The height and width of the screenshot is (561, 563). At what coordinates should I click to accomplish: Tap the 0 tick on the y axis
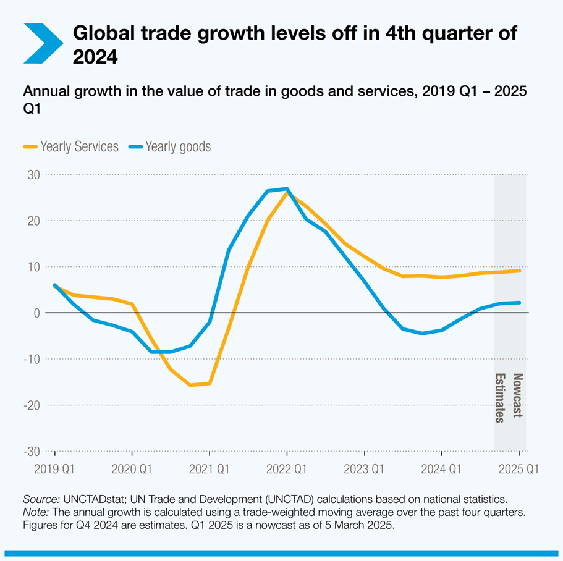coord(36,313)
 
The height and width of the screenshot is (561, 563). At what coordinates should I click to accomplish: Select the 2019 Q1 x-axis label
coord(54,469)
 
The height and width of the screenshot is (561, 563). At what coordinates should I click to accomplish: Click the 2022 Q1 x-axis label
coord(287,469)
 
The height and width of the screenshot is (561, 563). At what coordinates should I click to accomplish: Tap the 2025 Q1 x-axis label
coord(519,469)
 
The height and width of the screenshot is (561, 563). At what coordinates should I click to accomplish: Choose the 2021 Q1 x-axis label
coord(209,469)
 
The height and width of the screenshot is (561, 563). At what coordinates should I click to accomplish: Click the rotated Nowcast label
coord(518,396)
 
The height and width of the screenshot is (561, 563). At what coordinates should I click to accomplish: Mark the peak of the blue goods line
coord(287,188)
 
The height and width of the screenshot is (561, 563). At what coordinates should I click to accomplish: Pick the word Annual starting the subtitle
coord(44,91)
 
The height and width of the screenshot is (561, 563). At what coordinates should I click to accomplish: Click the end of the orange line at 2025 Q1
coord(519,271)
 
